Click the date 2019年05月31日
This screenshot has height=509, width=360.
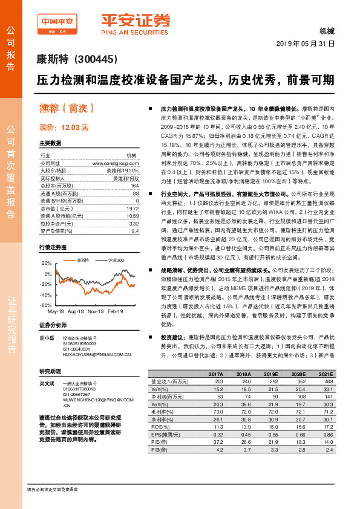tap(309, 45)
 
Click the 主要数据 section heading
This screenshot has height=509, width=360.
tap(50, 143)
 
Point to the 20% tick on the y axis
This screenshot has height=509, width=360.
tap(46, 263)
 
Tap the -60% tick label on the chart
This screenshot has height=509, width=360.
tap(45, 305)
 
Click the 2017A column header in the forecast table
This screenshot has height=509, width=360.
tap(215, 375)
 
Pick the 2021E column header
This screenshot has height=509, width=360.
tap(325, 375)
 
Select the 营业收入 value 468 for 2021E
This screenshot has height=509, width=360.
tap(329, 382)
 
